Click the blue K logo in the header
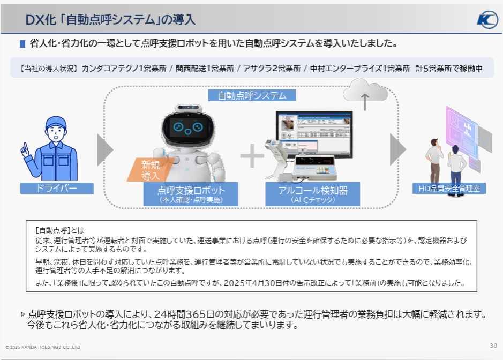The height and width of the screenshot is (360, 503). [x=487, y=20]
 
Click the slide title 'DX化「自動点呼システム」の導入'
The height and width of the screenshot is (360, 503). [x=110, y=20]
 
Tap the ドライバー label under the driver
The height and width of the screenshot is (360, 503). [x=57, y=188]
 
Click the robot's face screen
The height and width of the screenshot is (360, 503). [x=185, y=127]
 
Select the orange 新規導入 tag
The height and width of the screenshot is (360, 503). [x=150, y=170]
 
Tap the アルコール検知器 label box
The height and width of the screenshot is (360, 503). [x=313, y=194]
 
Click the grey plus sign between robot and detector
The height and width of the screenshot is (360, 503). [x=252, y=156]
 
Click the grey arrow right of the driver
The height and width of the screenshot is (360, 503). [x=105, y=149]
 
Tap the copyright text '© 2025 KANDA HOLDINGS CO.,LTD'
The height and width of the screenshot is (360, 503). [x=43, y=347]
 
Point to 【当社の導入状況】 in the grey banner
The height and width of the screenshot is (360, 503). [x=48, y=69]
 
